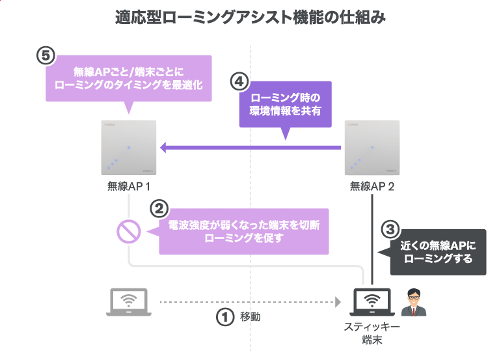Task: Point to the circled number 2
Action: coord(159,208)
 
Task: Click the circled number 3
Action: coord(389,229)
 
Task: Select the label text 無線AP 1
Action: coord(129,186)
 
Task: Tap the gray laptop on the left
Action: coord(129,303)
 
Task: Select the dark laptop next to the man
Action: coord(372,303)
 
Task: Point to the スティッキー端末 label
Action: coord(372,333)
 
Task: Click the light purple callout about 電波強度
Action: coord(244,231)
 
